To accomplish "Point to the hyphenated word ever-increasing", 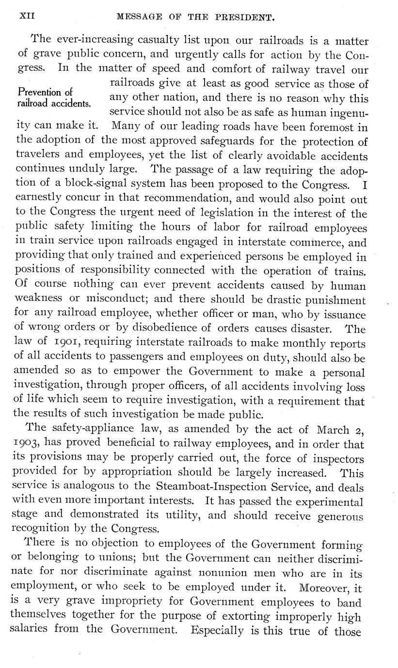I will coord(74,41).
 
